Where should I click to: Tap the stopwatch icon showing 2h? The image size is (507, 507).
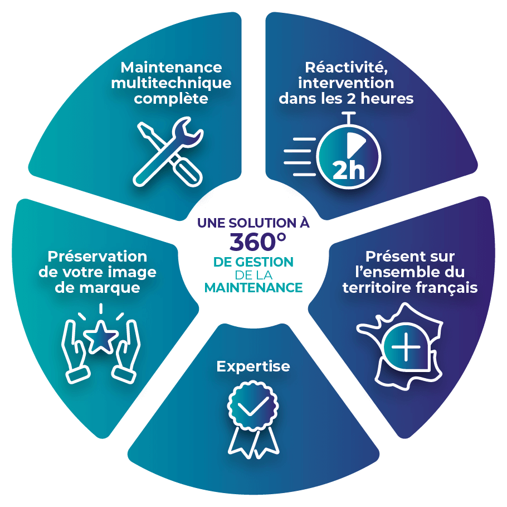click(348, 151)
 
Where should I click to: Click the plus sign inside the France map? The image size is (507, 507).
click(406, 349)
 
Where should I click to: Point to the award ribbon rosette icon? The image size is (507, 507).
click(253, 416)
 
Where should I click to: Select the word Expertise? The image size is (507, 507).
click(253, 366)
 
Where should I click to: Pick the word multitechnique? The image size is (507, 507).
click(171, 83)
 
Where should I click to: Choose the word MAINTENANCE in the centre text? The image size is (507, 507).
click(253, 288)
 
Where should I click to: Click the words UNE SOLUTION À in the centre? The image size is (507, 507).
click(253, 223)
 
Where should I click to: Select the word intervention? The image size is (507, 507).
click(346, 83)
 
